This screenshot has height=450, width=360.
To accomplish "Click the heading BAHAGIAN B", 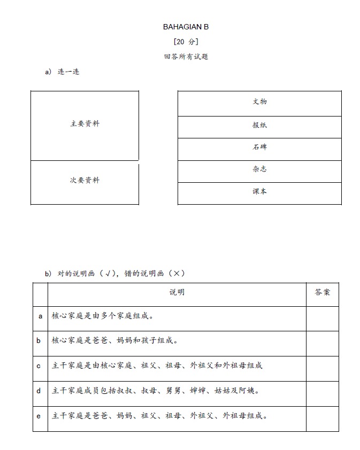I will tap(182, 26).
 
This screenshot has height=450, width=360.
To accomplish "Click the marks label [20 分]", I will tap(182, 42).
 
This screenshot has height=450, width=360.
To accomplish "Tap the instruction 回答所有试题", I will tap(182, 56).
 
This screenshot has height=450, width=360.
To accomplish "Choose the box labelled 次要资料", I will tap(85, 181).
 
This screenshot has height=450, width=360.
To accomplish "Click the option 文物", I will tap(259, 102).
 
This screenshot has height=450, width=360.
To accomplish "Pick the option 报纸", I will tap(259, 125).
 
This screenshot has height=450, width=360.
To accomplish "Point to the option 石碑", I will tap(259, 148).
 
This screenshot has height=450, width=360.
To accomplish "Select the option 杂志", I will tap(259, 169).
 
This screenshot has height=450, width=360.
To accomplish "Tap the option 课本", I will tap(259, 192).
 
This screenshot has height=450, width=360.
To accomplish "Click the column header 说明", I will tap(177, 292).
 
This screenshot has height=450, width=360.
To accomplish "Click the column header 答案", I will tap(322, 292).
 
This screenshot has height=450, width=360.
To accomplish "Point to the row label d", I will tap(39, 391).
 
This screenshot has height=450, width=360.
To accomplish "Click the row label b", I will tap(39, 340).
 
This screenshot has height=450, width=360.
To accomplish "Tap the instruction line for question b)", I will tap(115, 273).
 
